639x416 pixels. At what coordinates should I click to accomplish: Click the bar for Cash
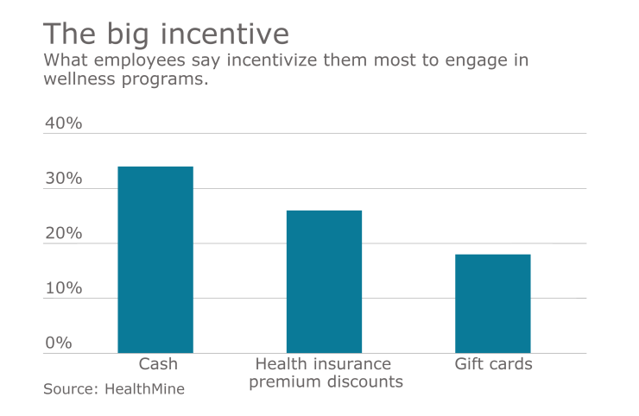[155, 260]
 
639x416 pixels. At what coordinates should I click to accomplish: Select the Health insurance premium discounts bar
[324, 281]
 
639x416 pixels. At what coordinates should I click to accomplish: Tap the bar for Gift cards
[493, 304]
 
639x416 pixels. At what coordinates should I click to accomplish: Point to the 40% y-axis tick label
[63, 123]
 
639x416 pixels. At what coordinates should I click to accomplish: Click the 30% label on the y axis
[63, 179]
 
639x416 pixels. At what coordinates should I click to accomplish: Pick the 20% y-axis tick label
[63, 234]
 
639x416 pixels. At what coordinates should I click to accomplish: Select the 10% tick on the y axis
[63, 288]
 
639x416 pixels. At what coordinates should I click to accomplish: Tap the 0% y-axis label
[59, 344]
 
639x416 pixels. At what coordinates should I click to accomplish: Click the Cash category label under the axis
[158, 364]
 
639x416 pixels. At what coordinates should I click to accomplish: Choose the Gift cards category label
[493, 364]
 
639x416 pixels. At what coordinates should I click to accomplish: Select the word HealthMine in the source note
[144, 389]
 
